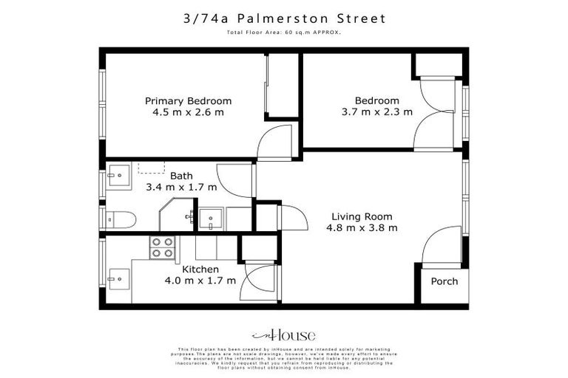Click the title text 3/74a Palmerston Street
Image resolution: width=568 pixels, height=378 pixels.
(x=284, y=18)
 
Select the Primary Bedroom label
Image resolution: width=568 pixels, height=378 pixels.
(x=188, y=101)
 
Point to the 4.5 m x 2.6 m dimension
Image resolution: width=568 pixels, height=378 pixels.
(x=188, y=113)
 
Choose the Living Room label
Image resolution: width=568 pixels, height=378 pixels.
(x=362, y=216)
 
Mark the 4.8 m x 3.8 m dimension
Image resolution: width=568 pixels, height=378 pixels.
(x=362, y=228)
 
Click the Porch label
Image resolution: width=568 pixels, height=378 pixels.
(x=444, y=281)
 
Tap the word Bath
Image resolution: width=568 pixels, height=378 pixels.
(x=182, y=176)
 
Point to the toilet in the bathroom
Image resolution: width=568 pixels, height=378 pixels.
(x=120, y=219)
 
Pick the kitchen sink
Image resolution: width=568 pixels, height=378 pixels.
(x=118, y=279)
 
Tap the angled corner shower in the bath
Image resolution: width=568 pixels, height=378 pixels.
(x=176, y=215)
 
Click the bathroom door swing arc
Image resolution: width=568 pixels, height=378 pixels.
(x=235, y=181)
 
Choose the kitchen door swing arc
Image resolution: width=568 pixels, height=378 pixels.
(x=260, y=282)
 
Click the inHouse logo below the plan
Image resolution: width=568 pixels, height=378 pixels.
(x=283, y=334)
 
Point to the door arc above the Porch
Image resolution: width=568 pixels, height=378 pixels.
(x=442, y=250)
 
